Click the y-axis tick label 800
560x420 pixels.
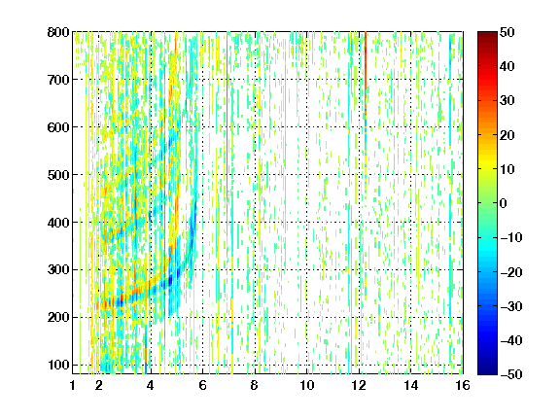[x=58, y=32]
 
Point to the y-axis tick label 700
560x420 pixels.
[x=58, y=80]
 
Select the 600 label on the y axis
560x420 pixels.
[x=58, y=127]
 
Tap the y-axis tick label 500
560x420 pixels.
[x=58, y=175]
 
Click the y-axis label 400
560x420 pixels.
[x=58, y=223]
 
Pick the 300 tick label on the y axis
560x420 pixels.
[x=58, y=269]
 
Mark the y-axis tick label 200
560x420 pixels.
[x=58, y=317]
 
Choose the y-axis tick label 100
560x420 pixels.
[x=58, y=365]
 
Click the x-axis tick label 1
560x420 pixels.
[x=73, y=385]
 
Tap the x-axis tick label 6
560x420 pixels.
[x=203, y=385]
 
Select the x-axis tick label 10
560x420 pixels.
[x=307, y=385]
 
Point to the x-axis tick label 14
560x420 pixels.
[x=410, y=385]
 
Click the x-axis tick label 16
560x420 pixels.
[x=463, y=385]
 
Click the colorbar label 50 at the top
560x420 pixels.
[x=507, y=32]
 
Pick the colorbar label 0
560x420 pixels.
[x=504, y=203]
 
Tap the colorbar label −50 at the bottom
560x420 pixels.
[x=511, y=374]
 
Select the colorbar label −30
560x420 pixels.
[x=511, y=306]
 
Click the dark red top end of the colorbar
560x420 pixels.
[x=487, y=34]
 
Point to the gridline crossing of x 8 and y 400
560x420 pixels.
[x=255, y=222]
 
